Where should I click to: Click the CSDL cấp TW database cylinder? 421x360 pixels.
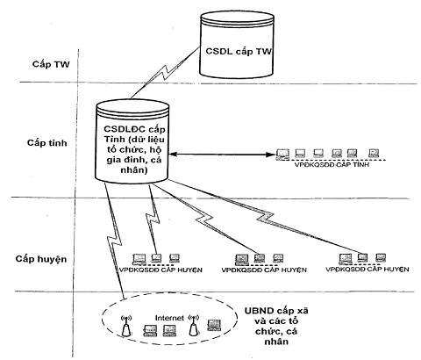(237, 45)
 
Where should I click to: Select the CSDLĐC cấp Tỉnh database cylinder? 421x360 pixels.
(132, 141)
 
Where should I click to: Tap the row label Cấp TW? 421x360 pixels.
(51, 64)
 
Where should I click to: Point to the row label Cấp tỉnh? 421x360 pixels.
(47, 143)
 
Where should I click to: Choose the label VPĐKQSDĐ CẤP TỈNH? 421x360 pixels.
(332, 164)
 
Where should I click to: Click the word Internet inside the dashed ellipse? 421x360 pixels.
(169, 318)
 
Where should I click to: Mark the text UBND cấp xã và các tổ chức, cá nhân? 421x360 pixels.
(276, 326)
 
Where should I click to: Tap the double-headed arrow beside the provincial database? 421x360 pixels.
(222, 155)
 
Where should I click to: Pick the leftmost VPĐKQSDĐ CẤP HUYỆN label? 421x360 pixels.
(161, 270)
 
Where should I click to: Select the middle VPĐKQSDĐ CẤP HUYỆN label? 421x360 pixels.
(264, 270)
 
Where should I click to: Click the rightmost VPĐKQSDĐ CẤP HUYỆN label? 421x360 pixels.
(367, 269)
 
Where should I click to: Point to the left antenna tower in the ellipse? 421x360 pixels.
(126, 325)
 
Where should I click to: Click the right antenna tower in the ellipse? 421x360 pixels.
(193, 325)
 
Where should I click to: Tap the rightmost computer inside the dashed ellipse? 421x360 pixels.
(214, 325)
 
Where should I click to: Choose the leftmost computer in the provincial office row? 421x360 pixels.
(282, 155)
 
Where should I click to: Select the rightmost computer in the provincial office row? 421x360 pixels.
(374, 154)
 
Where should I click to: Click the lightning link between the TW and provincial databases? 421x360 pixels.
(164, 73)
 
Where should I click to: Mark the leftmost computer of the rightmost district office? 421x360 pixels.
(346, 259)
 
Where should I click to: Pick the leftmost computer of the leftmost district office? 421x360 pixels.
(139, 259)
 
